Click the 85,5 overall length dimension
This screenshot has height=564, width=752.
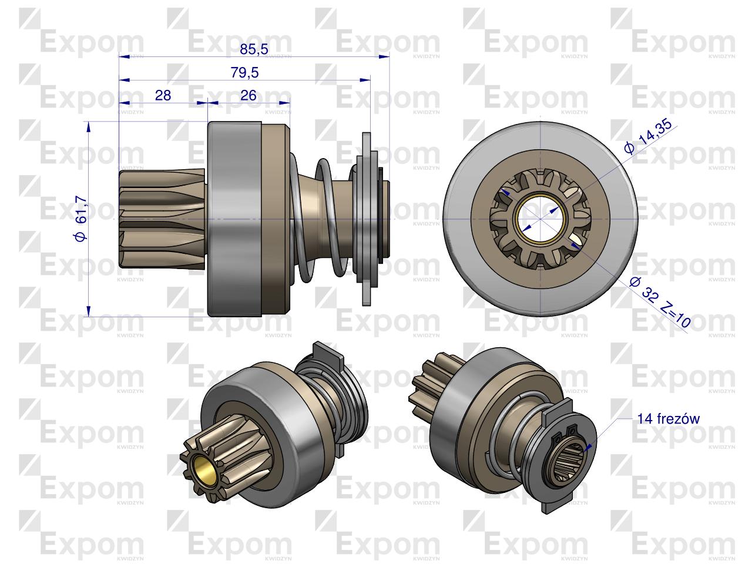[x=254, y=49]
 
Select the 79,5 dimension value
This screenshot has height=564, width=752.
[x=244, y=73]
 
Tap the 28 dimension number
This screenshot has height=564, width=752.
[x=163, y=95]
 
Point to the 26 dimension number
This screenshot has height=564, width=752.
[x=249, y=95]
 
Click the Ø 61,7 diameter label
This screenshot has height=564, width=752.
[x=81, y=219]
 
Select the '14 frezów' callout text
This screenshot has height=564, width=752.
[x=668, y=418]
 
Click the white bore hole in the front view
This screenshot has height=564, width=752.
[x=540, y=219]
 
